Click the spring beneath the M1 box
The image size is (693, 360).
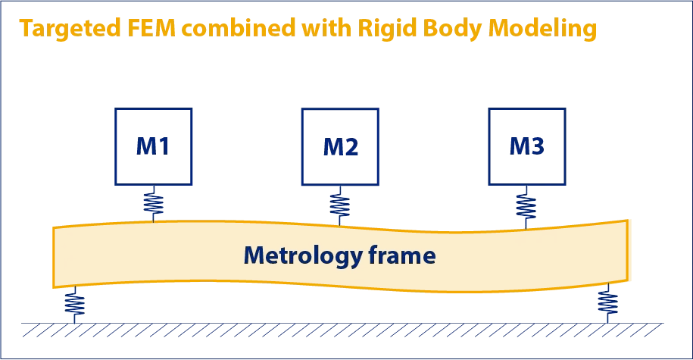click(x=154, y=202)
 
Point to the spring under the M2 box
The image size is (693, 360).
click(x=340, y=204)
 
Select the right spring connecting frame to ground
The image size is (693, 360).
click(x=607, y=302)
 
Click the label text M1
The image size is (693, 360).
click(x=153, y=147)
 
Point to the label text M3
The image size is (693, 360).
click(x=526, y=146)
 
